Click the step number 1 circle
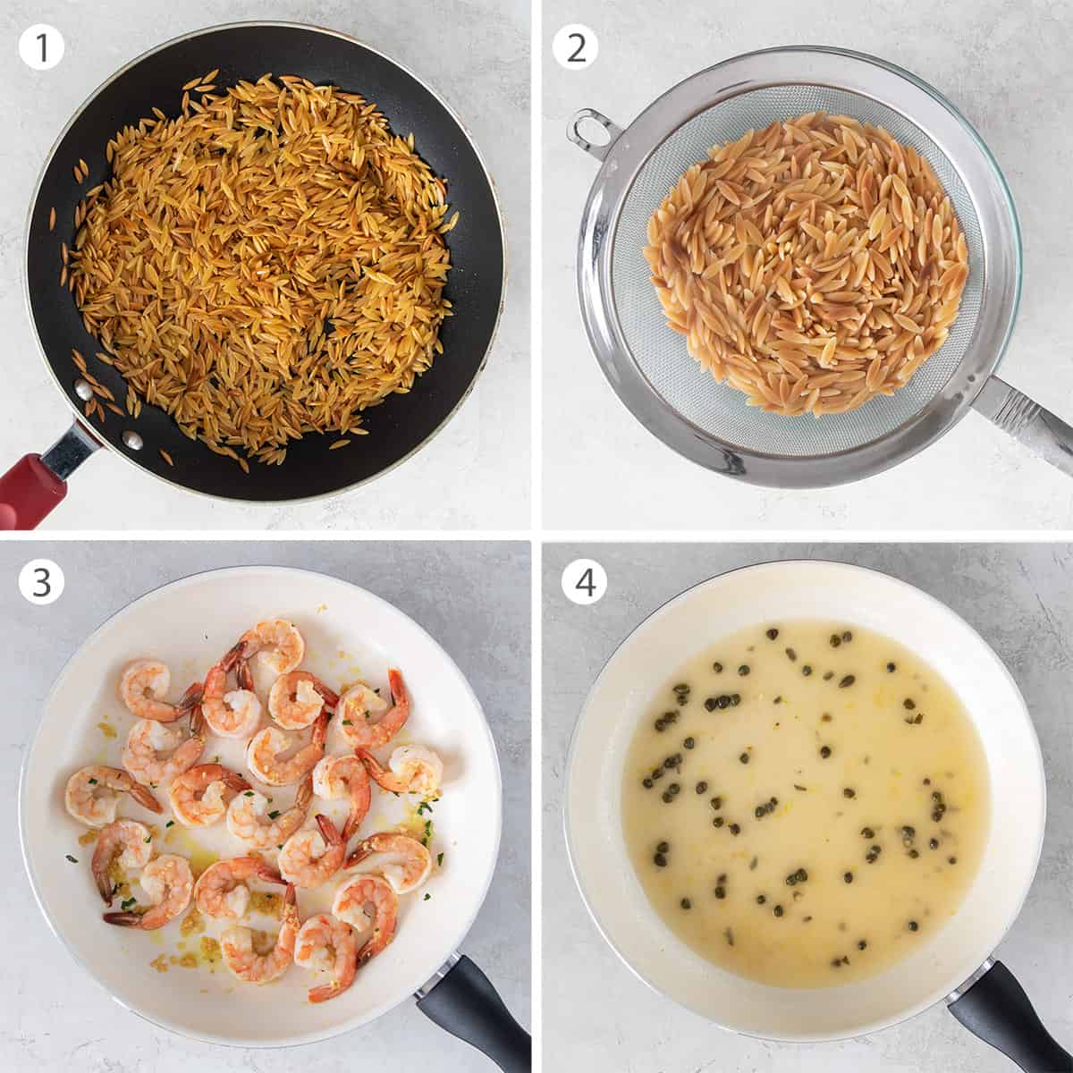coord(41,48)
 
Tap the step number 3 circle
coord(41,582)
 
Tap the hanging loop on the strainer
coord(587,127)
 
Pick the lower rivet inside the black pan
coord(132,440)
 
